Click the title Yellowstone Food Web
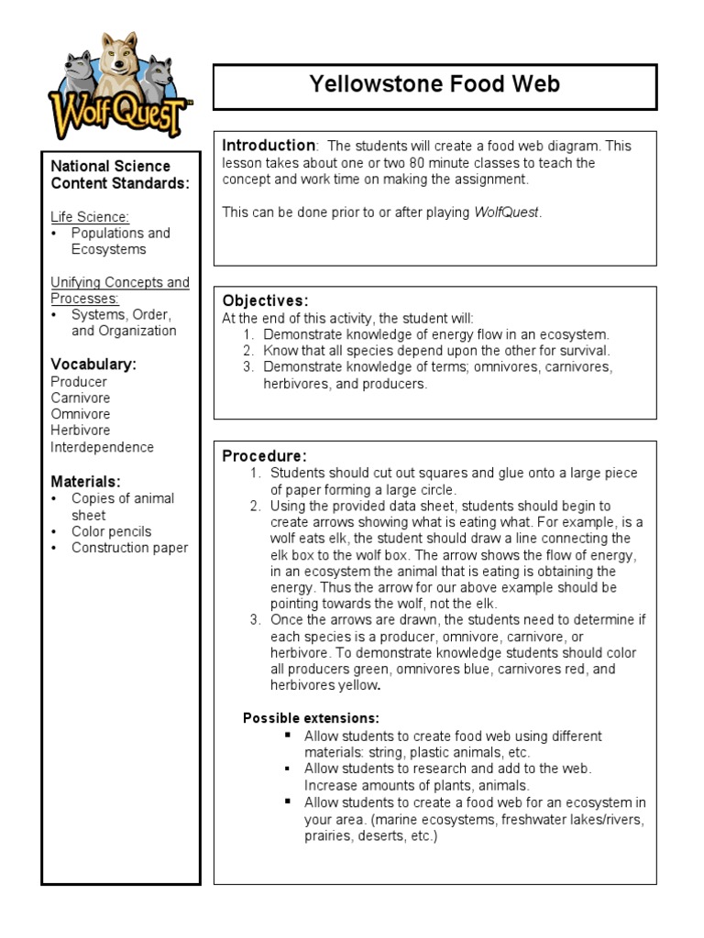[434, 86]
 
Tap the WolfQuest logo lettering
[119, 116]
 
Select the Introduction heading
[269, 146]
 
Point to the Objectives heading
[265, 301]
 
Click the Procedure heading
[264, 456]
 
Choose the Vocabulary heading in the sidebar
[93, 365]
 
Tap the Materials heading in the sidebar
[85, 482]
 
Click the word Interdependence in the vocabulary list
[102, 447]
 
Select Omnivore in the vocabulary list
[80, 414]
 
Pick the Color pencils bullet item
[111, 531]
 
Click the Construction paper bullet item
[129, 548]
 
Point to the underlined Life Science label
[90, 216]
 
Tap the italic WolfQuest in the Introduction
[507, 213]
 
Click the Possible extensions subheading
[311, 718]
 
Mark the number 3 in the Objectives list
[247, 367]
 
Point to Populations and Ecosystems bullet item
[120, 241]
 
